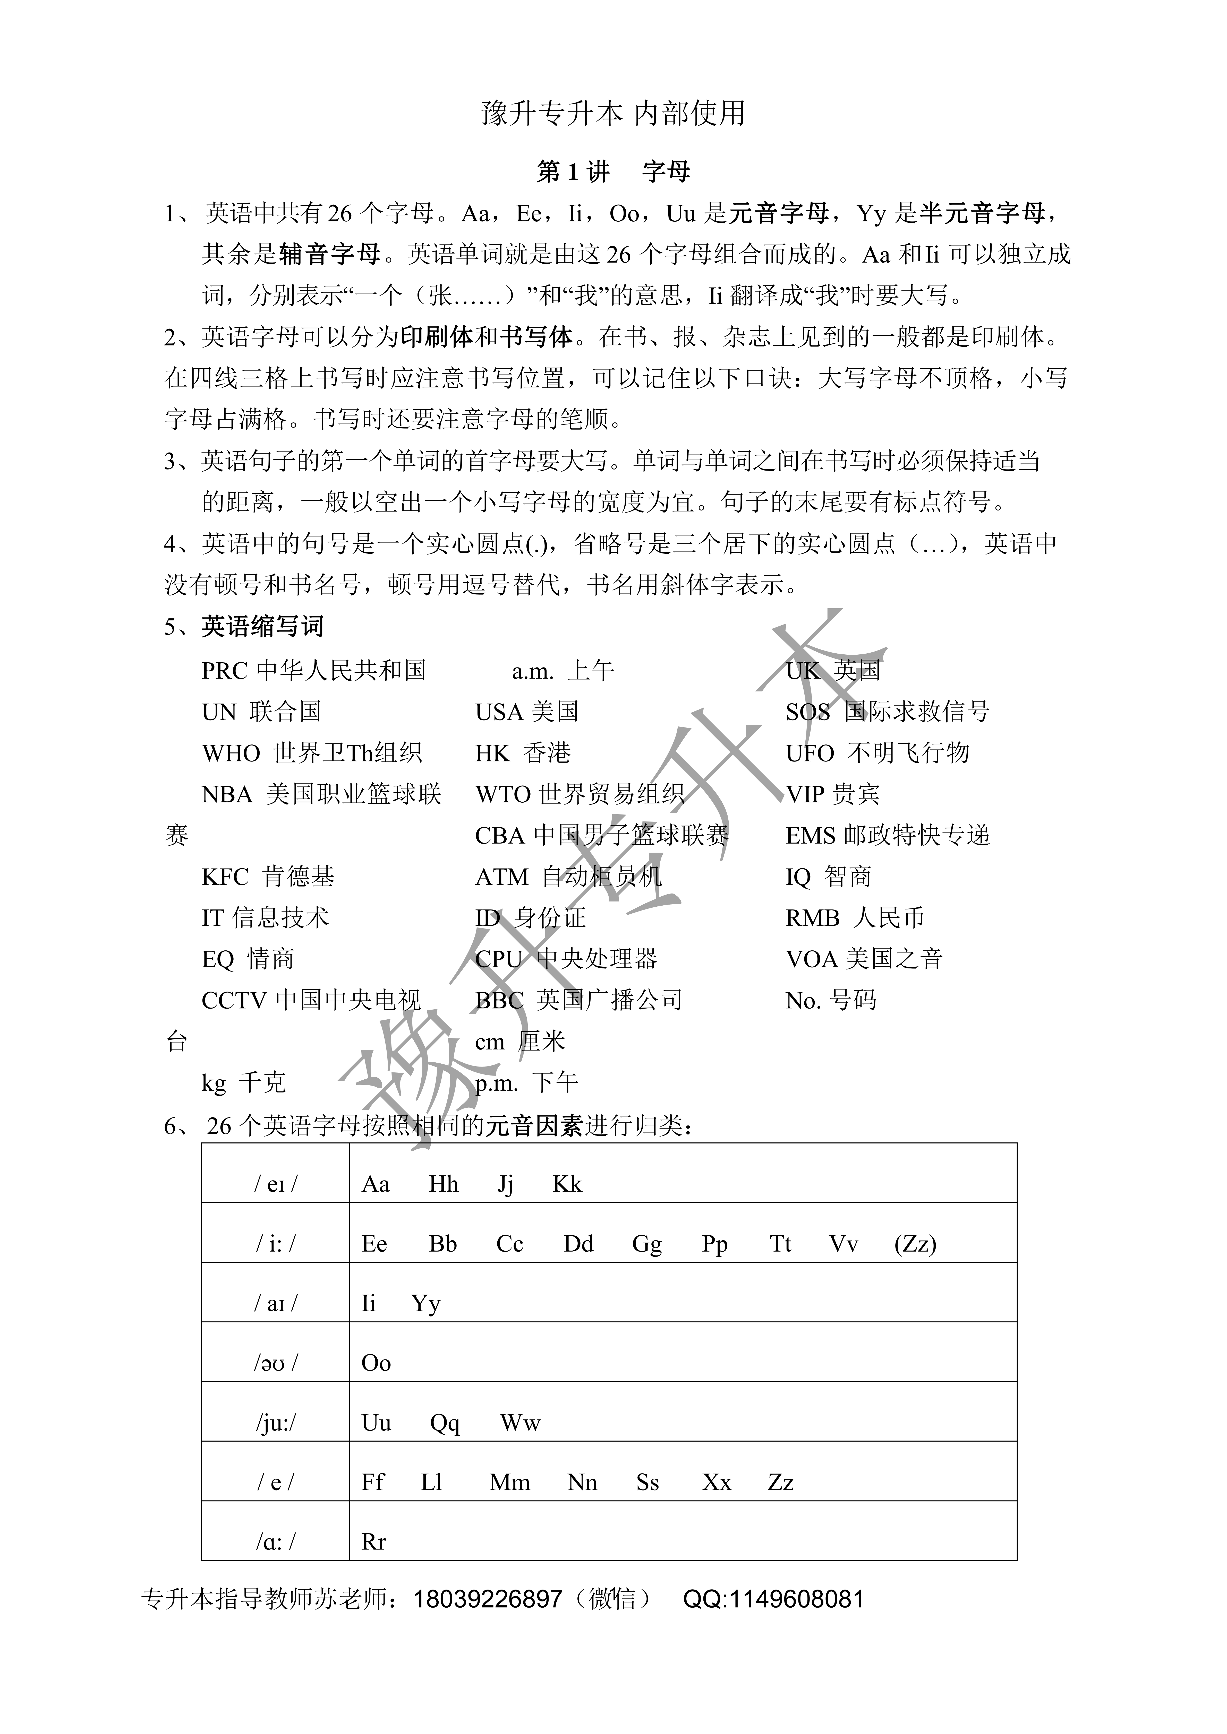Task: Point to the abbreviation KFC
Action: coord(225,877)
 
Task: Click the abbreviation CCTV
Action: coord(235,1001)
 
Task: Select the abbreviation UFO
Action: coord(810,753)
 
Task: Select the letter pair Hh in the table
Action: coord(444,1184)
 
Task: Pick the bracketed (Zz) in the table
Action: coord(915,1244)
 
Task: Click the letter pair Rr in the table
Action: coord(374,1542)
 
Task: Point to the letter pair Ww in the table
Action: coord(520,1424)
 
